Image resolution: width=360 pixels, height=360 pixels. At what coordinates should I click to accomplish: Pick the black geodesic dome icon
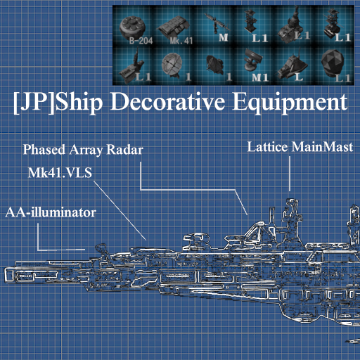pos(333,63)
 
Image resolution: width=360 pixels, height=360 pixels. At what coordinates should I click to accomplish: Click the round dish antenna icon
pos(172,64)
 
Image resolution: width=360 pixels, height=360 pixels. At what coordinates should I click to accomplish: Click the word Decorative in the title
pos(168,102)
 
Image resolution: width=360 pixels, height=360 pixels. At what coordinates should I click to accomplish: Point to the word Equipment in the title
pos(290,103)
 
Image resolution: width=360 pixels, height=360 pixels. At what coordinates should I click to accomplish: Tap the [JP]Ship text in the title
pos(58,103)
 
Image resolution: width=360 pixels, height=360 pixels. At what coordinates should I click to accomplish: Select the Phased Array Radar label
pos(83,150)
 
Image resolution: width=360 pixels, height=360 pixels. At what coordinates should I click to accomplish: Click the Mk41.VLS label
pos(60,173)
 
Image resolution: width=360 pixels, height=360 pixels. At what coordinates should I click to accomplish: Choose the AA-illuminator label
pos(51,213)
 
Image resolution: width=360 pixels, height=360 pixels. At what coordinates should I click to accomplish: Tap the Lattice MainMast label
pos(300,147)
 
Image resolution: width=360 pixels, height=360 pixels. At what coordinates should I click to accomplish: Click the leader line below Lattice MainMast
pos(290,174)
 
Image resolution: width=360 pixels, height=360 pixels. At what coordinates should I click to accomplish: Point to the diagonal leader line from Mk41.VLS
pos(120,210)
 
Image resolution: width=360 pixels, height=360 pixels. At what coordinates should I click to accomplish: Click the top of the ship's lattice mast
pos(291,200)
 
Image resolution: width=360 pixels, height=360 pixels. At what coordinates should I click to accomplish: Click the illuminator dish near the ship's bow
pos(101,248)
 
